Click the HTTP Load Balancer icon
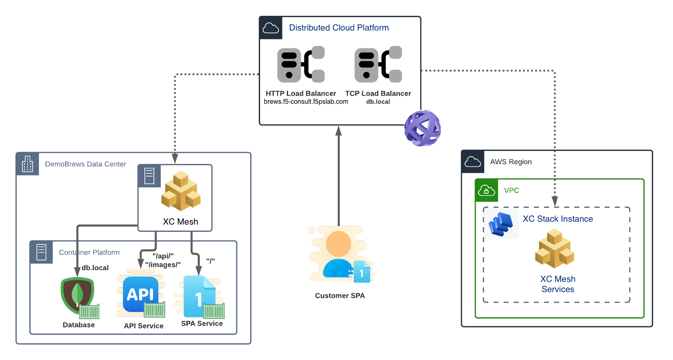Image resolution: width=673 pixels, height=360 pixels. (x=301, y=64)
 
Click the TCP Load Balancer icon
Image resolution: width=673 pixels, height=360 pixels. (x=378, y=64)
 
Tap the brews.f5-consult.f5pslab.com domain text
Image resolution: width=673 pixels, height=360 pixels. (x=306, y=102)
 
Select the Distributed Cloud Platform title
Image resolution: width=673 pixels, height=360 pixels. (x=339, y=28)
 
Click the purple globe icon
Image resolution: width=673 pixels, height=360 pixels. (x=422, y=128)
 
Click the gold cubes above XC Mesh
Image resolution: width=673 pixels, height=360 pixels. (x=181, y=191)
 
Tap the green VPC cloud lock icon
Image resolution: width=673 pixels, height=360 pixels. (x=487, y=190)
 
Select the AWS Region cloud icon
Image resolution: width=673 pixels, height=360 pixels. (x=473, y=162)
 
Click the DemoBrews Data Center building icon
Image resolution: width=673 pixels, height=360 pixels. (x=28, y=164)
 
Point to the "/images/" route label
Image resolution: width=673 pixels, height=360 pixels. (x=163, y=265)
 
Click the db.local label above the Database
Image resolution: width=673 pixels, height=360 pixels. (x=95, y=268)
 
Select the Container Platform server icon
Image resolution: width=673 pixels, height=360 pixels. (x=42, y=252)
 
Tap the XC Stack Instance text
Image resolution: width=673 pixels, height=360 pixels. (x=558, y=219)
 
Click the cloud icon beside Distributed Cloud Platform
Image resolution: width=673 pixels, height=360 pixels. (x=271, y=28)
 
